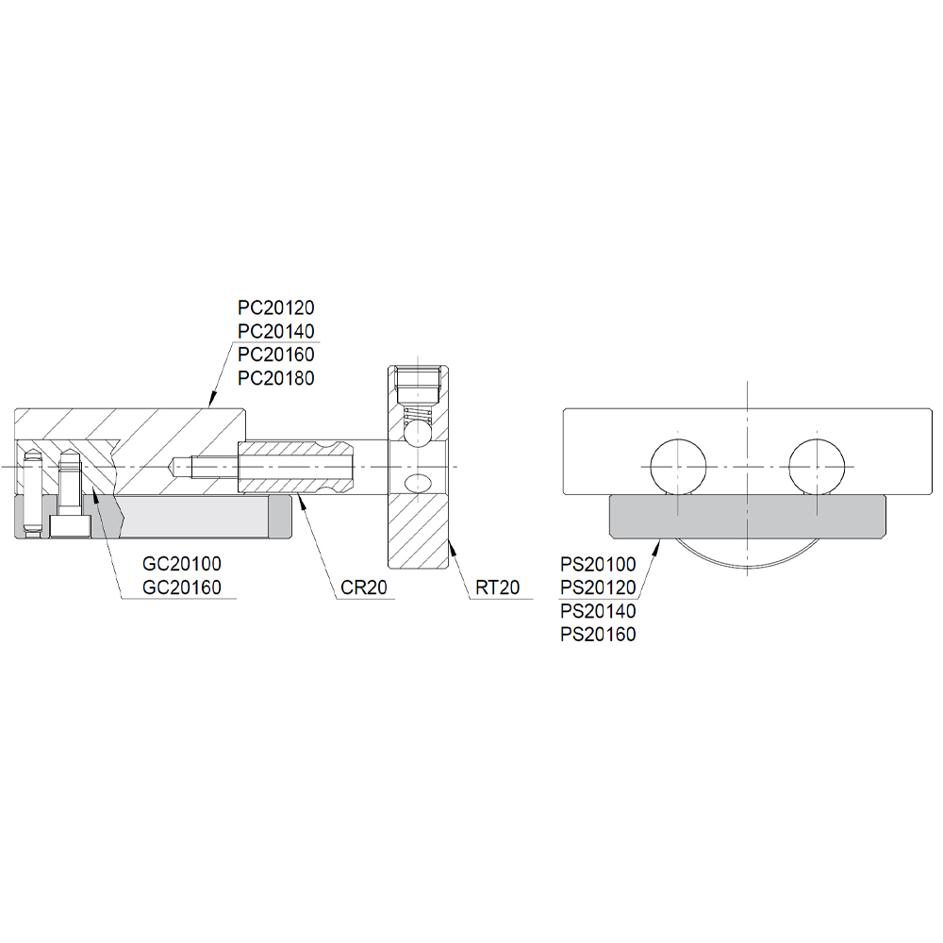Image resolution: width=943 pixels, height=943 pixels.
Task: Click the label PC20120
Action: (276, 308)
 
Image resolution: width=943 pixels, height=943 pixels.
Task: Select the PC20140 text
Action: (276, 331)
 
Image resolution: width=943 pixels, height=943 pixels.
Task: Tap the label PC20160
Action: (276, 355)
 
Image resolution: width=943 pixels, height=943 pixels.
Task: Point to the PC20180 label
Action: (276, 378)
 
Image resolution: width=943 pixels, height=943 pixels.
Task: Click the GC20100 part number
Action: (182, 564)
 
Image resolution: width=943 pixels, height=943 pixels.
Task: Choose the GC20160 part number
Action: (182, 587)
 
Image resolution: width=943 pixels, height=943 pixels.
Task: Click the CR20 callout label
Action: (364, 587)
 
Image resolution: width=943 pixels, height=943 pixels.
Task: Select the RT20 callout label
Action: (497, 587)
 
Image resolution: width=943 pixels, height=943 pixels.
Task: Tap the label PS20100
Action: (598, 565)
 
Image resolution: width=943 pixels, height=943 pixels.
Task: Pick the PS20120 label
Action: (598, 587)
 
